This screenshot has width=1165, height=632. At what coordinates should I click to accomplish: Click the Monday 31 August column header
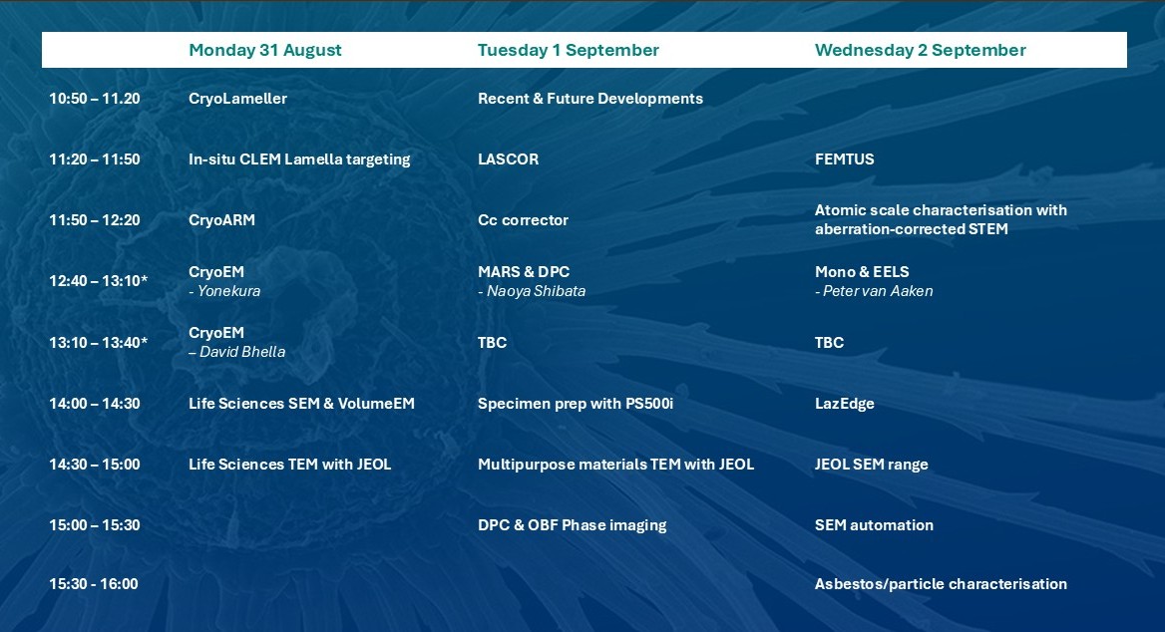pyautogui.click(x=264, y=51)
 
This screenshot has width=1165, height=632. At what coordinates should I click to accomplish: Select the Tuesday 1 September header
pyautogui.click(x=569, y=51)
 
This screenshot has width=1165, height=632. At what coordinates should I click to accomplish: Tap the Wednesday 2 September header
pyautogui.click(x=920, y=51)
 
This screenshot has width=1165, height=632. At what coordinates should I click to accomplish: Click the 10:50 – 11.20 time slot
pyautogui.click(x=95, y=99)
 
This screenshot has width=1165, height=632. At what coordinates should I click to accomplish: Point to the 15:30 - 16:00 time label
pyautogui.click(x=94, y=584)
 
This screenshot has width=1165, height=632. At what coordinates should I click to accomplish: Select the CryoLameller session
pyautogui.click(x=237, y=99)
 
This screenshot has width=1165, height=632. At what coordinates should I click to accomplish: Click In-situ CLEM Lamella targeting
pyautogui.click(x=299, y=159)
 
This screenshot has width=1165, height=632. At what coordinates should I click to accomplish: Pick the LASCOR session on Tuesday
pyautogui.click(x=509, y=159)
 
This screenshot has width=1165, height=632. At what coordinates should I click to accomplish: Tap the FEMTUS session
pyautogui.click(x=845, y=159)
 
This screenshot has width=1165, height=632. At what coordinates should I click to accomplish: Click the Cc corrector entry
pyautogui.click(x=523, y=220)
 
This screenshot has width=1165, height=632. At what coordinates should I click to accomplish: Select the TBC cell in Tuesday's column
pyautogui.click(x=492, y=343)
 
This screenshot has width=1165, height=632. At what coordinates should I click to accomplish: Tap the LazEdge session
pyautogui.click(x=845, y=404)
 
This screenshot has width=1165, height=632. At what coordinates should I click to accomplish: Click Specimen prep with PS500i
pyautogui.click(x=576, y=404)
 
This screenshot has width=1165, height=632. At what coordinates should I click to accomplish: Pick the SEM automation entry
pyautogui.click(x=875, y=525)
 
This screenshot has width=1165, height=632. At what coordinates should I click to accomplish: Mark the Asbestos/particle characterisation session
pyautogui.click(x=941, y=584)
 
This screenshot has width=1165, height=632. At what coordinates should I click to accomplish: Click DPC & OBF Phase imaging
pyautogui.click(x=573, y=525)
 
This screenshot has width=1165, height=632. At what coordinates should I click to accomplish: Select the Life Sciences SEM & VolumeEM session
pyautogui.click(x=301, y=404)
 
